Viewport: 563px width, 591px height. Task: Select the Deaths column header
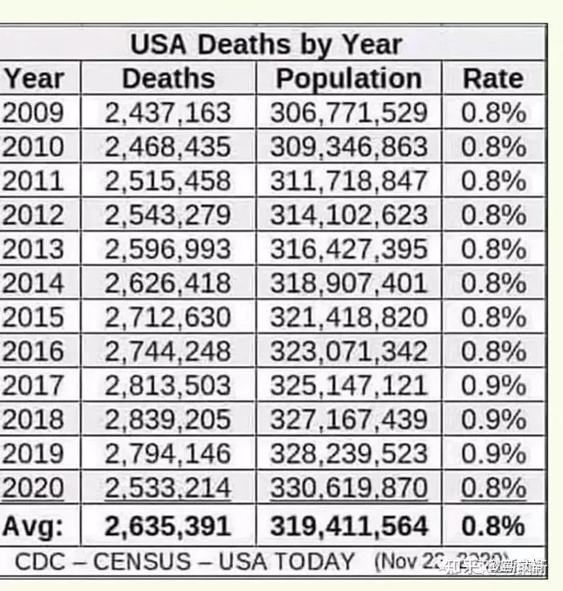pyautogui.click(x=168, y=78)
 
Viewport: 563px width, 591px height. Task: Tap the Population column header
pyautogui.click(x=348, y=78)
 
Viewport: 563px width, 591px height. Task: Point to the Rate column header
pyautogui.click(x=493, y=78)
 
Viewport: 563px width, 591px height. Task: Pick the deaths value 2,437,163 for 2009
pyautogui.click(x=168, y=113)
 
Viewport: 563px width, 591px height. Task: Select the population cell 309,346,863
pyautogui.click(x=348, y=147)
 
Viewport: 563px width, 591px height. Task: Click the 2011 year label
pyautogui.click(x=34, y=181)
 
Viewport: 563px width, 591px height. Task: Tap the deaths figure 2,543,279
pyautogui.click(x=168, y=215)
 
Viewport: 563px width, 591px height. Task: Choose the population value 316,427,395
pyautogui.click(x=348, y=249)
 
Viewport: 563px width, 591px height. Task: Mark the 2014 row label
pyautogui.click(x=34, y=283)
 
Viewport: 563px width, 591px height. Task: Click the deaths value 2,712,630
pyautogui.click(x=168, y=317)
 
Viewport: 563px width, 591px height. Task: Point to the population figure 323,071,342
pyautogui.click(x=348, y=351)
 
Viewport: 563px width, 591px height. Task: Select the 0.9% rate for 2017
pyautogui.click(x=493, y=385)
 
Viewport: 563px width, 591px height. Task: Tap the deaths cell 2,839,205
pyautogui.click(x=168, y=419)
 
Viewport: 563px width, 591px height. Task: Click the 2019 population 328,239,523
pyautogui.click(x=348, y=453)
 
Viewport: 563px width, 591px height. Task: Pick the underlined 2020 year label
pyautogui.click(x=34, y=487)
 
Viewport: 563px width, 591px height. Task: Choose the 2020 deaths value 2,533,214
pyautogui.click(x=168, y=487)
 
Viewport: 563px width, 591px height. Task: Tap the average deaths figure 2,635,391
pyautogui.click(x=168, y=526)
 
